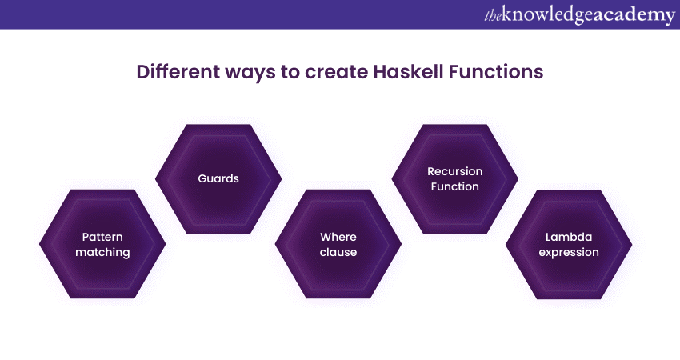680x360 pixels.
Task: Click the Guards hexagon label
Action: coord(218,178)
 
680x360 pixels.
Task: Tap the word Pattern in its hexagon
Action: coord(102,237)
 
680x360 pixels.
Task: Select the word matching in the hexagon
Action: coord(102,253)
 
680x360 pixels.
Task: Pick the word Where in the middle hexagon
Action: coord(338,237)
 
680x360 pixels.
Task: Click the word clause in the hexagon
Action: coord(338,252)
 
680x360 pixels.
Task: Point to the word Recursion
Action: coord(455,171)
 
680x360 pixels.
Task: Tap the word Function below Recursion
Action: coord(455,186)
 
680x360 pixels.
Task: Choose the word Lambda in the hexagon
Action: coord(569,237)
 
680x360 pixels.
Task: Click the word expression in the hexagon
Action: coord(569,253)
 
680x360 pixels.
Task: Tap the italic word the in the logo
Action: coord(493,16)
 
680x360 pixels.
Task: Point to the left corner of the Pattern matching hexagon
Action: coord(39,244)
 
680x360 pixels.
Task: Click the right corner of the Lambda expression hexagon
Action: coord(632,245)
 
